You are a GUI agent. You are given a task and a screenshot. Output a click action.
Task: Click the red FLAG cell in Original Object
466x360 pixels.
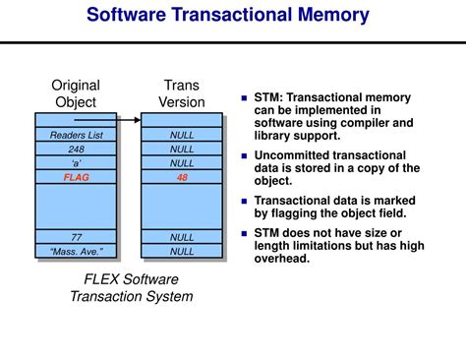(x=75, y=177)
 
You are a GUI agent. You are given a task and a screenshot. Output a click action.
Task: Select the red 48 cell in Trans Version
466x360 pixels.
(x=182, y=177)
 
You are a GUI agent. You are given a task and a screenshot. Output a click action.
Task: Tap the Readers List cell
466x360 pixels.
(x=75, y=135)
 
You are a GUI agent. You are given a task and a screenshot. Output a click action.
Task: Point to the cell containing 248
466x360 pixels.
(x=75, y=149)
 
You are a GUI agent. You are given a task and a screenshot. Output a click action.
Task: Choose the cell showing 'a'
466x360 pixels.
(x=75, y=162)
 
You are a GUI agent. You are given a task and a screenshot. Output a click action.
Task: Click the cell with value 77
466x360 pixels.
(x=75, y=237)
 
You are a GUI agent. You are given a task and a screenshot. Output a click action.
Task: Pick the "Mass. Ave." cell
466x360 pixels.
(x=75, y=251)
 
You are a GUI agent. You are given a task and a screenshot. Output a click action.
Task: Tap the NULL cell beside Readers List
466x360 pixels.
(x=182, y=135)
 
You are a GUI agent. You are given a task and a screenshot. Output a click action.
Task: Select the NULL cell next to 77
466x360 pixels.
(x=182, y=237)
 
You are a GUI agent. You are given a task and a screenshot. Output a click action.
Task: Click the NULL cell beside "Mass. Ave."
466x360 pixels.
(x=182, y=251)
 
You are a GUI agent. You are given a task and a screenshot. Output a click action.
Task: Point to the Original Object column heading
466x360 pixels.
(x=76, y=93)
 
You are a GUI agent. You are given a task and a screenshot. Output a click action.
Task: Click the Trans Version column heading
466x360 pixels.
(x=182, y=93)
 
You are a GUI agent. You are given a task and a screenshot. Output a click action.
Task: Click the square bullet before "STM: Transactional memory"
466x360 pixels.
(x=245, y=97)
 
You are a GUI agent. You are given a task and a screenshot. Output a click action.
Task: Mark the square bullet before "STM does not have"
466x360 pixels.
(x=245, y=233)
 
